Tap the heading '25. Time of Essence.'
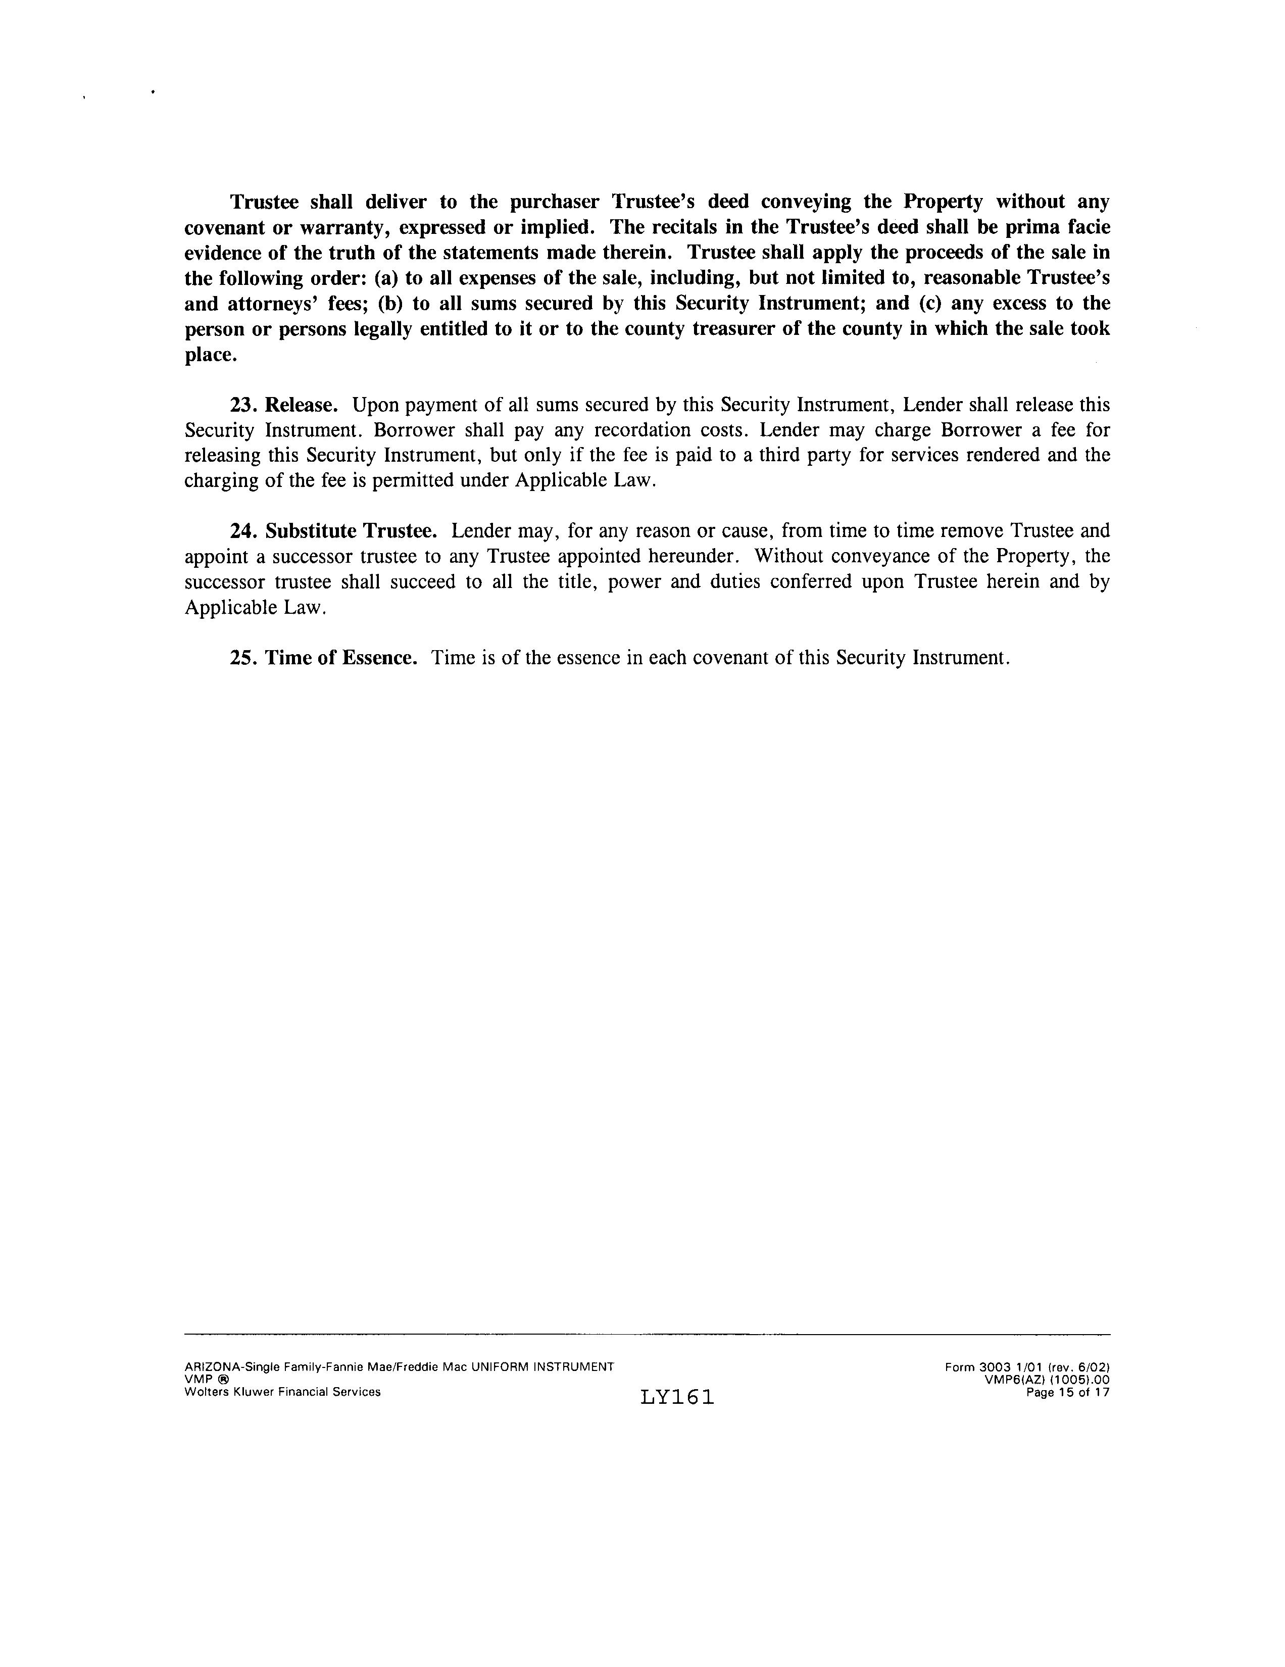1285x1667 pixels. pyautogui.click(x=324, y=658)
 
